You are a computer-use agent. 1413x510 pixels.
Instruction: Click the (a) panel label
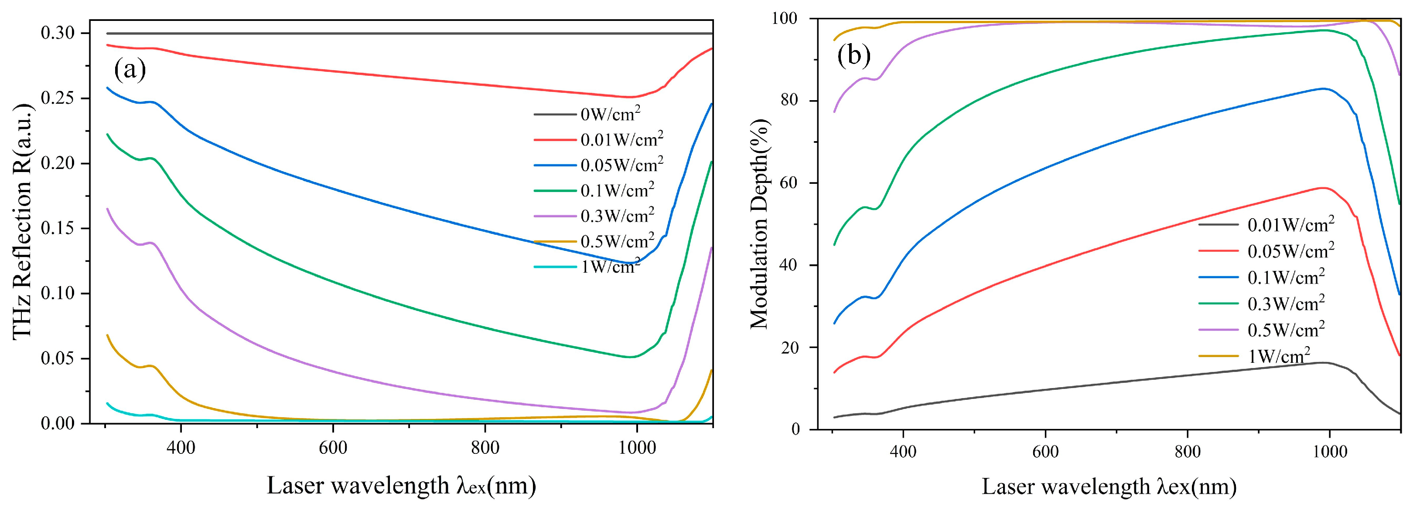click(130, 70)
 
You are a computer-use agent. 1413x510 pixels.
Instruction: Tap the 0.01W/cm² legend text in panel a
click(621, 140)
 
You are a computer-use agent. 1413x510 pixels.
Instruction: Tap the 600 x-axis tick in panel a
click(333, 448)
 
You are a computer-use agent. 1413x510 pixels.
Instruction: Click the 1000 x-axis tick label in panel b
click(1330, 452)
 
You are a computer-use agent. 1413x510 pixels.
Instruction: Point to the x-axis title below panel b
click(1109, 486)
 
